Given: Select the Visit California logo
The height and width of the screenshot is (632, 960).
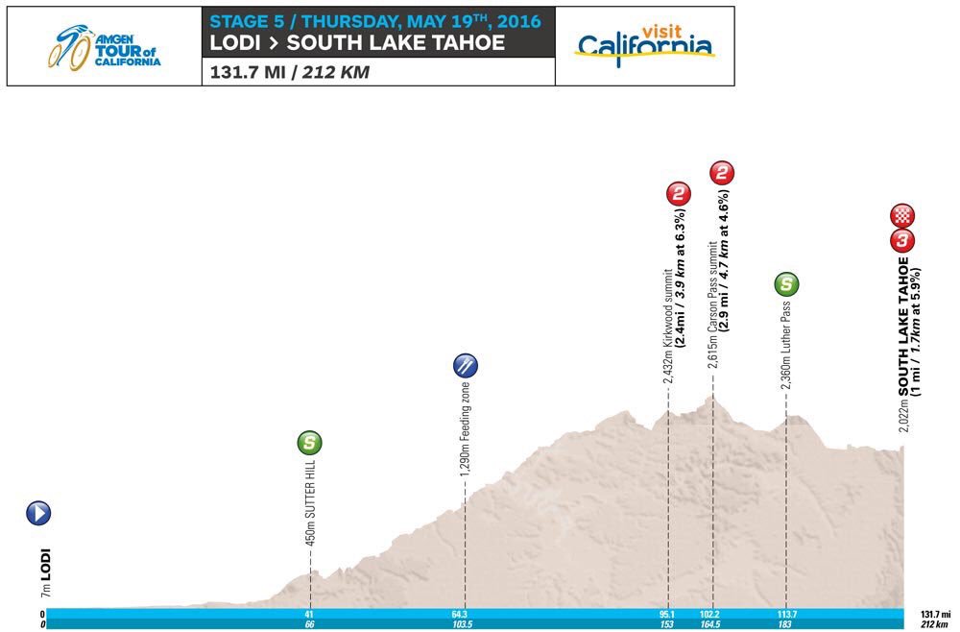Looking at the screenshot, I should [x=644, y=42].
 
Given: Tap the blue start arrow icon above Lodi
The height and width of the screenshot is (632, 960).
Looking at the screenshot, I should [x=39, y=513].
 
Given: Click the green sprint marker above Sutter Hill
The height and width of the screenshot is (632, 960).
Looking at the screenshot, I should [x=309, y=443].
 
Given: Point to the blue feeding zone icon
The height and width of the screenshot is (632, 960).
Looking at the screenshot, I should [x=466, y=364].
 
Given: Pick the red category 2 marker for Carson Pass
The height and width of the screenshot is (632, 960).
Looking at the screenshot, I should [x=723, y=173].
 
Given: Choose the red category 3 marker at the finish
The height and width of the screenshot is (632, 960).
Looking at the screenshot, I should [x=903, y=239].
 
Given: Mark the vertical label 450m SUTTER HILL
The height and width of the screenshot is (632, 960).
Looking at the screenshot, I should [x=310, y=512].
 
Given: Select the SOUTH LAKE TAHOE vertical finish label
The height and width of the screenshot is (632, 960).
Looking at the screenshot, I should [x=903, y=324].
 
